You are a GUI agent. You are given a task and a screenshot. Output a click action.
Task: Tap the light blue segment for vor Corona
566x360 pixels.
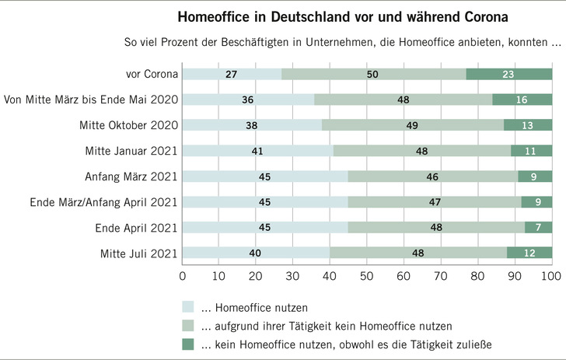pyautogui.click(x=232, y=75)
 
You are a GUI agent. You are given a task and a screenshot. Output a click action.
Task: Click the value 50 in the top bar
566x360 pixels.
pyautogui.click(x=373, y=75)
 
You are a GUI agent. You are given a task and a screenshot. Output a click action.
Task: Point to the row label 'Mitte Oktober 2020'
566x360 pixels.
pyautogui.click(x=129, y=125)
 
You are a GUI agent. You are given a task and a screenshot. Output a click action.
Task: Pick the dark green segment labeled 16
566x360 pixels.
pyautogui.click(x=522, y=100)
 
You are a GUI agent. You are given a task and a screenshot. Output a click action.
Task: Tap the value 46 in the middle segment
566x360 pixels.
pyautogui.click(x=432, y=177)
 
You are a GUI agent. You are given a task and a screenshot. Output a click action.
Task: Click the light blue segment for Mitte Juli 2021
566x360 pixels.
pyautogui.click(x=257, y=253)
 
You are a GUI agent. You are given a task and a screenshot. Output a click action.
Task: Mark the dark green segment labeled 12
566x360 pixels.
pyautogui.click(x=529, y=253)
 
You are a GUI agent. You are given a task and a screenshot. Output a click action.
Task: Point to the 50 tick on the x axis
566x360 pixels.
pyautogui.click(x=367, y=276)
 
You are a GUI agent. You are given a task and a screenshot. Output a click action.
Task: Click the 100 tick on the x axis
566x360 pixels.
pyautogui.click(x=551, y=276)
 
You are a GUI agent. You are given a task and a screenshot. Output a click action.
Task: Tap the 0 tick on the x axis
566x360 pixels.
pyautogui.click(x=183, y=276)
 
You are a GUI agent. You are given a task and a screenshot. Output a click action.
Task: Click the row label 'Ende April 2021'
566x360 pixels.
pyautogui.click(x=135, y=228)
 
